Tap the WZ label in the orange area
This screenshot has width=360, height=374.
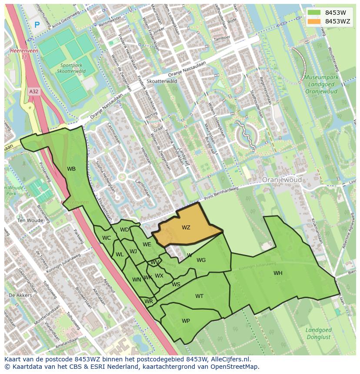186,228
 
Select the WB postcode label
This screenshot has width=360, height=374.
71,169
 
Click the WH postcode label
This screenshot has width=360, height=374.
278,273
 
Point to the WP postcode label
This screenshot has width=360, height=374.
186,321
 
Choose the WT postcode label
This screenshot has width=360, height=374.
199,296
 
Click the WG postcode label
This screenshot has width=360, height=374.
201,260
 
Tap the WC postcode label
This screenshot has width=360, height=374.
107,238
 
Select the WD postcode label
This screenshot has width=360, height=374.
124,230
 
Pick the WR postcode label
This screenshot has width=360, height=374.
149,301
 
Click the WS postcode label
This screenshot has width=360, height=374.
176,285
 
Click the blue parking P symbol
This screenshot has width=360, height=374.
37,25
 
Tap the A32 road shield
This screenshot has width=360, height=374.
33,92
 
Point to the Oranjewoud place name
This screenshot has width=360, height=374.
281,180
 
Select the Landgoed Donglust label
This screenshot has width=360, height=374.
319,334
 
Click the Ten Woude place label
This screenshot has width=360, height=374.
30,220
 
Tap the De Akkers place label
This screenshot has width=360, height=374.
20,295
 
